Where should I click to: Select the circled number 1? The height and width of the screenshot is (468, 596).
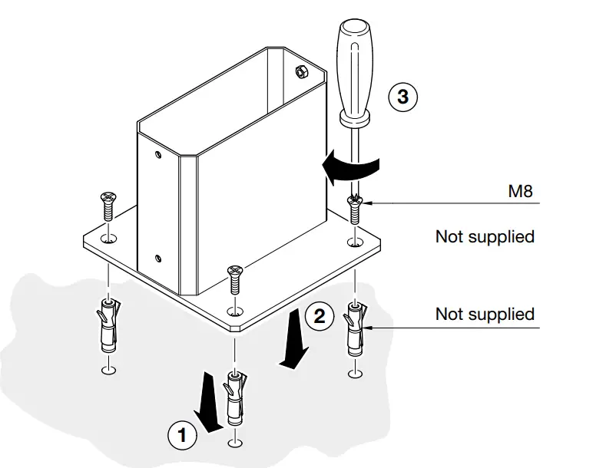pos(182,436)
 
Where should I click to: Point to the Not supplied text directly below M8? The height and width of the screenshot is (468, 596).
pos(485,236)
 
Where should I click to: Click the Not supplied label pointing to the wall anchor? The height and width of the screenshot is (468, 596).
pos(485,314)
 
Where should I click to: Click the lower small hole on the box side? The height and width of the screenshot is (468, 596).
pos(158,258)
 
